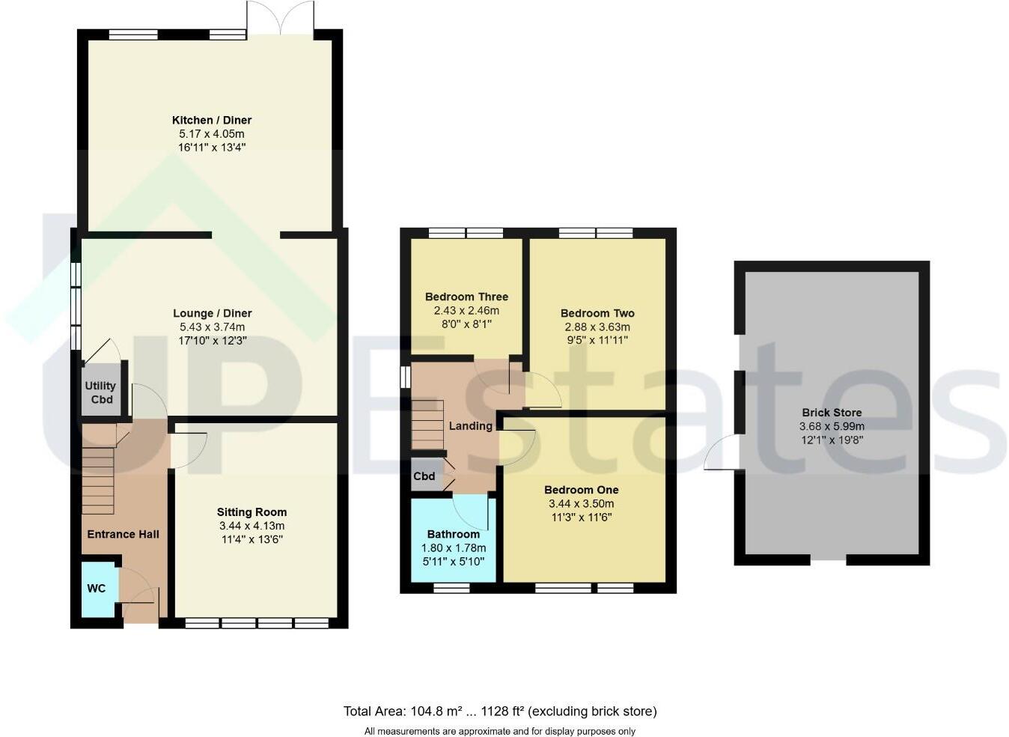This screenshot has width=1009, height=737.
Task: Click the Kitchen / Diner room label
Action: pos(212,120)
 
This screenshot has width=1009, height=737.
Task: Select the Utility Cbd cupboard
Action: pos(101,389)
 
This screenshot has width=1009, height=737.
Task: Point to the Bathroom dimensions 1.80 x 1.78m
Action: pos(453,548)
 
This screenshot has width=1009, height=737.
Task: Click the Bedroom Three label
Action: pos(466,297)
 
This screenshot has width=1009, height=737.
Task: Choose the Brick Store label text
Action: pos(832,413)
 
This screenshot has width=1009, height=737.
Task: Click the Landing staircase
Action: pos(427,425)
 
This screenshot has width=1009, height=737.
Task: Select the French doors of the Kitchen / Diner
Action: pos(280,18)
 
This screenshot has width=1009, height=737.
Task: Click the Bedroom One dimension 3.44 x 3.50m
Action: pos(581,503)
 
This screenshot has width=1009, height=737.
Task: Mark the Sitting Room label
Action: pos(252,512)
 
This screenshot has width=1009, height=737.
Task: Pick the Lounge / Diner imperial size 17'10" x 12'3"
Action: pos(213,340)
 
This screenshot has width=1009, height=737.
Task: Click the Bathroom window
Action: pos(451,588)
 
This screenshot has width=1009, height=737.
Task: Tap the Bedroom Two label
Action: pos(597,313)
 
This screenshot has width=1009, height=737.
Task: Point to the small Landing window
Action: pos(406,377)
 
